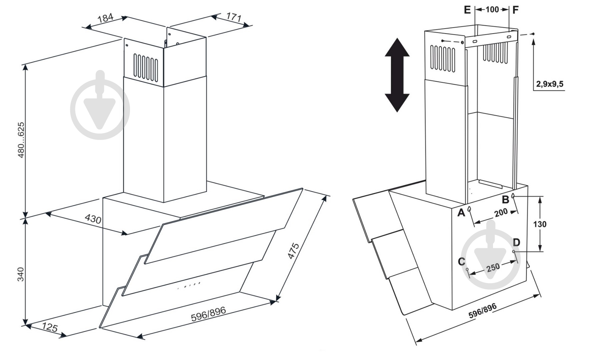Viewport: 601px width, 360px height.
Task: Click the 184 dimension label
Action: tap(105, 18)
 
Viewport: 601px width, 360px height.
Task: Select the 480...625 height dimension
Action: tap(21, 140)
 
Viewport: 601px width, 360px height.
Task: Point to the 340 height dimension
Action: tap(21, 274)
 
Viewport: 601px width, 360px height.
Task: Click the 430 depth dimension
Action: tap(93, 219)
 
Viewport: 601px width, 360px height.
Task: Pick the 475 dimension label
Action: tap(294, 251)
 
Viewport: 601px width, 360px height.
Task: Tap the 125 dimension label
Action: tap(50, 328)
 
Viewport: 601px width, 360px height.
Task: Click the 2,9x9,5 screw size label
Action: tap(550, 84)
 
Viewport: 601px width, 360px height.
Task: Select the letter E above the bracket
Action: tap(467, 10)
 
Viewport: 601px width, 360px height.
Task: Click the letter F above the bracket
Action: tap(515, 10)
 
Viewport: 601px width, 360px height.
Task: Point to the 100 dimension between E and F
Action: tap(492, 10)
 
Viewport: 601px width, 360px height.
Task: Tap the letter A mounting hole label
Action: tap(461, 212)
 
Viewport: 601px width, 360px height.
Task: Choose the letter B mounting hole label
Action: tap(505, 199)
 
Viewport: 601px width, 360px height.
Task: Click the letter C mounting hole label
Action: tap(462, 262)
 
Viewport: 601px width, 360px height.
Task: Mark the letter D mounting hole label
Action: tap(516, 242)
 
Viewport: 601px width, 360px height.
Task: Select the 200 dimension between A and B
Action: tap(501, 212)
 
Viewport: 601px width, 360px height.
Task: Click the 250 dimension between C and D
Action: tap(493, 267)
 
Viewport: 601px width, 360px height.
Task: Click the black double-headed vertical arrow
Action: tap(397, 75)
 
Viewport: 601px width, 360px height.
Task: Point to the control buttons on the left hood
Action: tap(189, 285)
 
